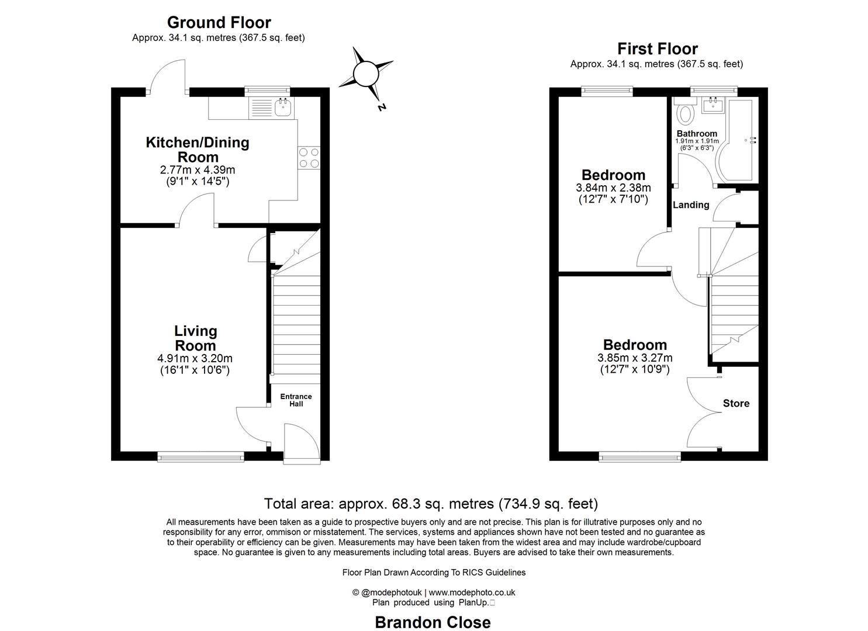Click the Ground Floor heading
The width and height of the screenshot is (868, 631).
coord(219,23)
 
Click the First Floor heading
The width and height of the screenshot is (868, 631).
coord(657,49)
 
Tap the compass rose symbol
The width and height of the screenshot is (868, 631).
coord(366,74)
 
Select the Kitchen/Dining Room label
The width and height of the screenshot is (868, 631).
coord(197,150)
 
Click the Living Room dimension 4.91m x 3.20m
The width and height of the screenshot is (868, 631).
coord(195,358)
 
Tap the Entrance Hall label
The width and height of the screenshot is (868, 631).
coord(296,400)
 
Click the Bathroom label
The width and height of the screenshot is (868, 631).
coord(697,134)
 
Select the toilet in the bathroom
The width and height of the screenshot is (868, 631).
coord(684,111)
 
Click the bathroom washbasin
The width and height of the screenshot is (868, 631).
coord(713,105)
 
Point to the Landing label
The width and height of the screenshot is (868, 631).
coord(691,205)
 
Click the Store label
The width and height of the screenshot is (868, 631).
coord(736,404)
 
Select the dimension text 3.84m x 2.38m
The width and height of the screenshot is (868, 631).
coord(613,188)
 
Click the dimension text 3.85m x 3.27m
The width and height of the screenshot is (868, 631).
coord(635,358)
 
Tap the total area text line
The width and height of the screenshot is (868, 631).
coord(431,504)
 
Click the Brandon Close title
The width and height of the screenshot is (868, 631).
coord(433,622)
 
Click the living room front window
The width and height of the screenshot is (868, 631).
coord(201,456)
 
